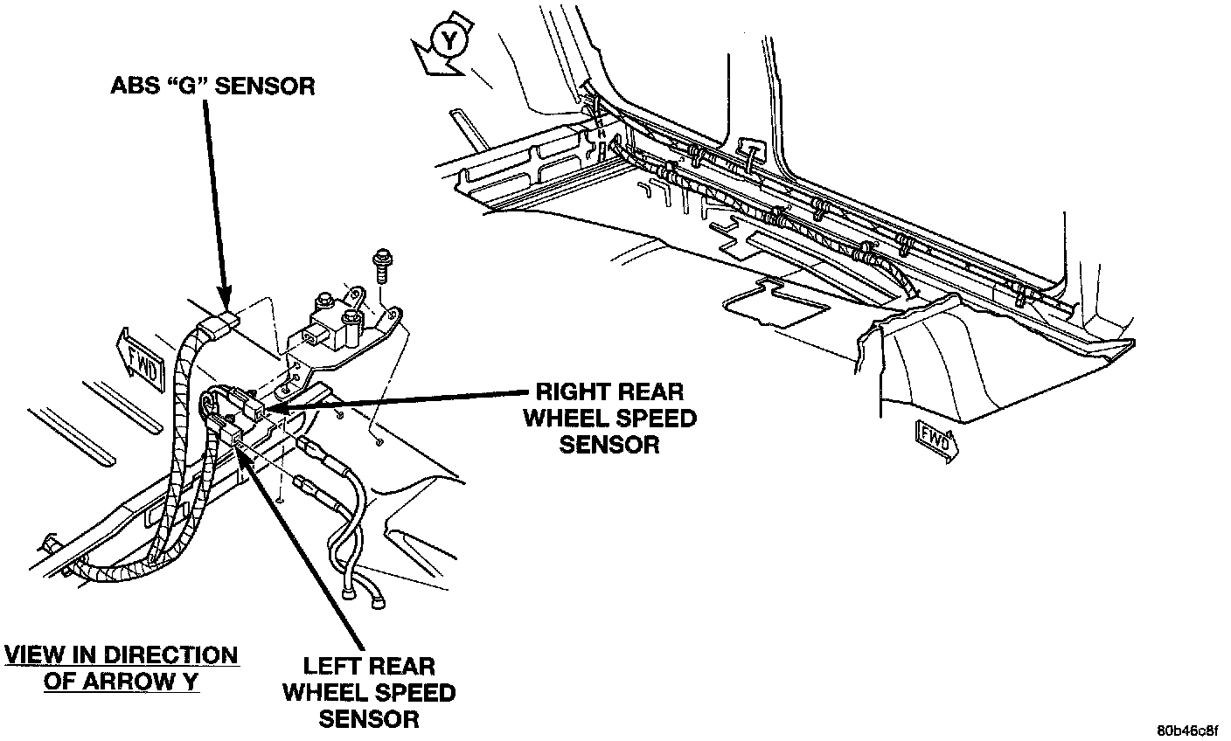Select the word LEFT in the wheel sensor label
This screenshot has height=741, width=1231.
tap(336, 667)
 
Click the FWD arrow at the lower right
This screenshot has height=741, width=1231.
tap(935, 438)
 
